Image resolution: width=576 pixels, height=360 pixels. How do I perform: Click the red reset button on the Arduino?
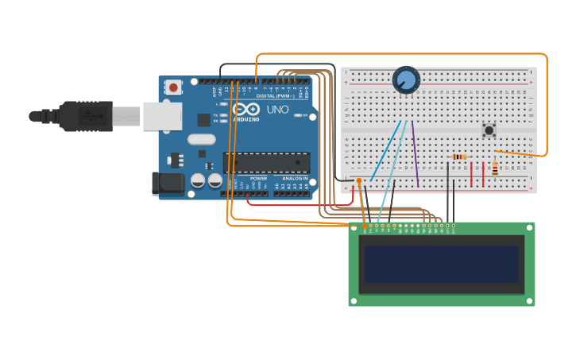[173, 87]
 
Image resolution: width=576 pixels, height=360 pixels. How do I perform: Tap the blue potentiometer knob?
[406, 79]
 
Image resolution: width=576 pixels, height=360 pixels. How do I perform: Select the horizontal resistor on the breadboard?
[458, 157]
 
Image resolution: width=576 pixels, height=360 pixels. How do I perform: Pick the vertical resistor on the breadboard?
[495, 168]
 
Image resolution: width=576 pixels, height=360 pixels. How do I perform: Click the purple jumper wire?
[416, 155]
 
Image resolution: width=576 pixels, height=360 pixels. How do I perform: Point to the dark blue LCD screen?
[442, 264]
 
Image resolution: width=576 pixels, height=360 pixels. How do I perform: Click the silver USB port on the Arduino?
[162, 116]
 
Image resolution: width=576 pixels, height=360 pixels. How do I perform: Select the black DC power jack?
[168, 184]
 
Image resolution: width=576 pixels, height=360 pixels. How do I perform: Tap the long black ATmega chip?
[266, 162]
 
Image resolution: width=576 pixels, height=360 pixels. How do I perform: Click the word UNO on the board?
[277, 110]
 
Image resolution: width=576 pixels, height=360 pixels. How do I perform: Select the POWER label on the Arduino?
[259, 179]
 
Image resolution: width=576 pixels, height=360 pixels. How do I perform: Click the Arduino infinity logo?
[246, 110]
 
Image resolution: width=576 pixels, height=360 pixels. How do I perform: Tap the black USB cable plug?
[84, 116]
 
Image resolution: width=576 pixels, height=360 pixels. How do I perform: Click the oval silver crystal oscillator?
[202, 139]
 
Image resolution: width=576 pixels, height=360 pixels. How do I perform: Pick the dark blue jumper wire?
[386, 151]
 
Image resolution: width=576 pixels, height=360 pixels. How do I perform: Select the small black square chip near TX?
[204, 120]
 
